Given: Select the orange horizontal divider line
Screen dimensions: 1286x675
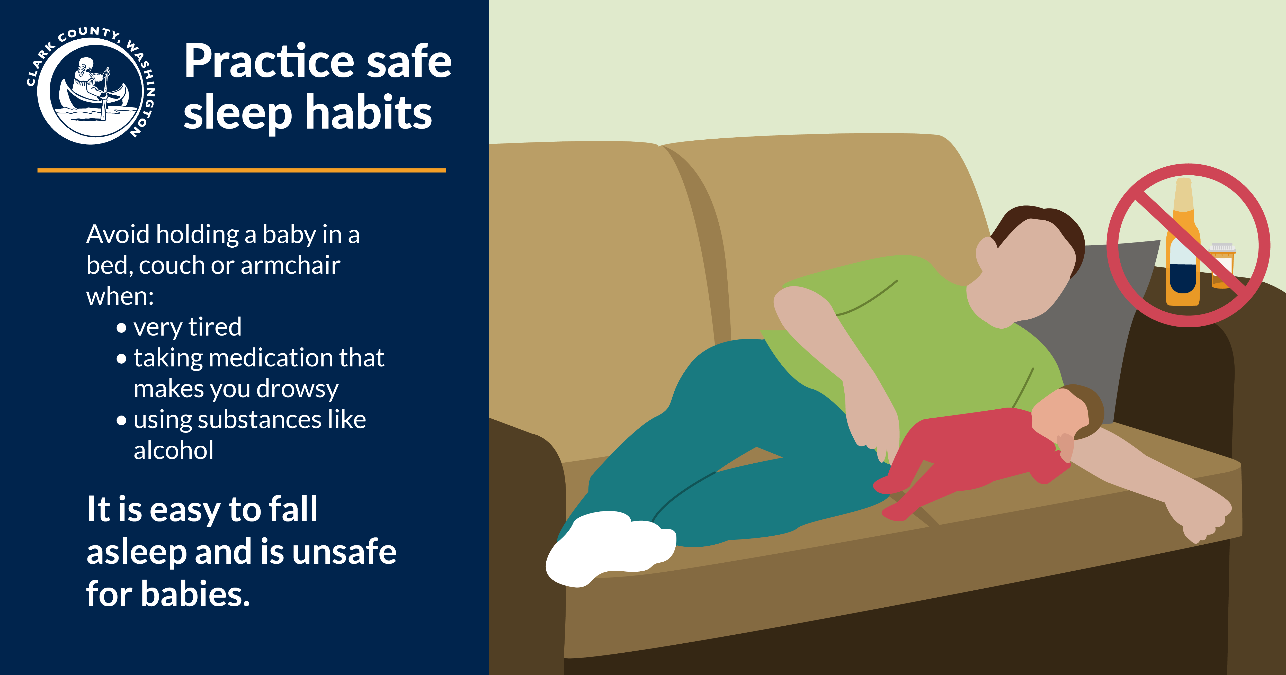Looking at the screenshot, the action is click(242, 170).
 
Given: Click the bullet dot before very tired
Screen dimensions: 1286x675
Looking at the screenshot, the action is click(121, 328).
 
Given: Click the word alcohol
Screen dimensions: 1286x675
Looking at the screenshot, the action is click(174, 450).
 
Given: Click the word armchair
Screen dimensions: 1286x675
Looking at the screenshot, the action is click(291, 265).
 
